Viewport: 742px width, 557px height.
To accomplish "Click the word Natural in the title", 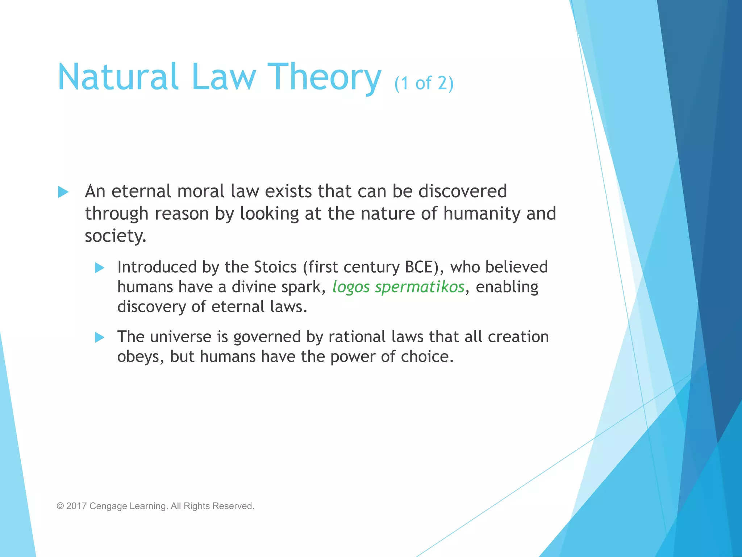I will tap(118, 77).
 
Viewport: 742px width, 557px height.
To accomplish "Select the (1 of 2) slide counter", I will tap(424, 83).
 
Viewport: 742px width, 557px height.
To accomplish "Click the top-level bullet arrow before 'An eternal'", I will tap(63, 192).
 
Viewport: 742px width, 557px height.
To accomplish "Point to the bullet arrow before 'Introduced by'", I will tap(99, 268).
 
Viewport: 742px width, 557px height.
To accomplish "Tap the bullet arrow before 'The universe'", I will tap(99, 338).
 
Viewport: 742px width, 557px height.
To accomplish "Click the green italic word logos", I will tap(351, 287).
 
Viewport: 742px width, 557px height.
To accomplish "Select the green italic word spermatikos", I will tap(420, 287).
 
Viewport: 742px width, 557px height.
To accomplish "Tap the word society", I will tap(115, 236).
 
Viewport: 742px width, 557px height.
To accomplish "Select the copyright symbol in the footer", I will tap(60, 506).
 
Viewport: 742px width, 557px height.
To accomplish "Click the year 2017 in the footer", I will tap(76, 506).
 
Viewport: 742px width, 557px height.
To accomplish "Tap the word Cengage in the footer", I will tap(108, 506).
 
